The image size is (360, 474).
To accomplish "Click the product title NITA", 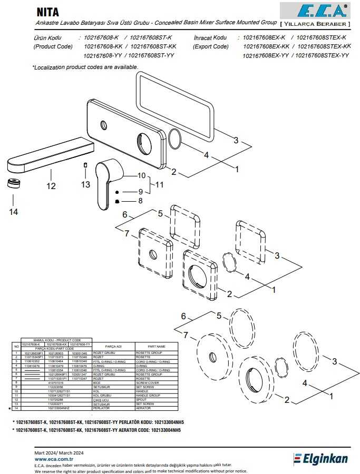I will pos(47,12).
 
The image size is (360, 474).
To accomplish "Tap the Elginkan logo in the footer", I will pos(320,459).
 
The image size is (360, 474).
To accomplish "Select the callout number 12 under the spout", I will pos(51,185).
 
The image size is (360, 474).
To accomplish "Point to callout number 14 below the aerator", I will pos(13,212).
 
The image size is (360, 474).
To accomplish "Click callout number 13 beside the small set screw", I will pos(85,184).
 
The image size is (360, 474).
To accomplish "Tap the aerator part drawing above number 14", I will pos(13,184).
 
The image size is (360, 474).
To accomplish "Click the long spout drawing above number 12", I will pos(47,155).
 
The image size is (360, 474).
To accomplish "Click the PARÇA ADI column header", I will pos(114,346).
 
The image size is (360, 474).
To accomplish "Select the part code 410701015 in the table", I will pos(55,382).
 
